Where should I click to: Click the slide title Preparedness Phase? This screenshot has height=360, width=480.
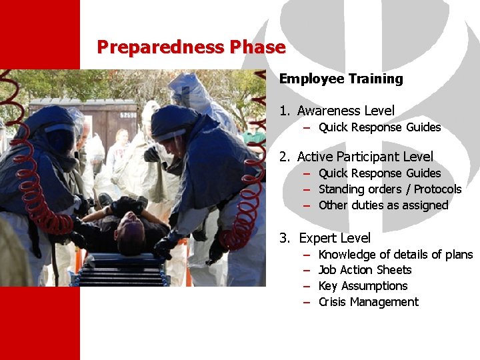(191, 47)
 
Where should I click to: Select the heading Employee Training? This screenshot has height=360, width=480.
(341, 79)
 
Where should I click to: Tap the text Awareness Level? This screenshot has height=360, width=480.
(345, 111)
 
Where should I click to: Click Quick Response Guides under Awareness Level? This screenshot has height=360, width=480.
(379, 127)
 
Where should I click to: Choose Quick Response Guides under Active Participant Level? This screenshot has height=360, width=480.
(379, 173)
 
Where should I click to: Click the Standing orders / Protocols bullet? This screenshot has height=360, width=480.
(389, 189)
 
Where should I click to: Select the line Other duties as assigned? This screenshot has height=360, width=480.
(383, 205)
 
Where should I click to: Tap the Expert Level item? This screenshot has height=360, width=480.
(335, 238)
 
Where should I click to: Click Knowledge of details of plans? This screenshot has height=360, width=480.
(395, 255)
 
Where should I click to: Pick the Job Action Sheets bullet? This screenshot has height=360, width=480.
(365, 270)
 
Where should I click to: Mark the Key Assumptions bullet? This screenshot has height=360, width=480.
(363, 286)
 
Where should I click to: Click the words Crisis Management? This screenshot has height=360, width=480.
(368, 302)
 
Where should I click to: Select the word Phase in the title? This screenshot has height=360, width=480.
(257, 47)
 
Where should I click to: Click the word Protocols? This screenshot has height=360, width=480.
(437, 189)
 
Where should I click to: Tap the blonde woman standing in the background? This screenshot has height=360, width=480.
(120, 143)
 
